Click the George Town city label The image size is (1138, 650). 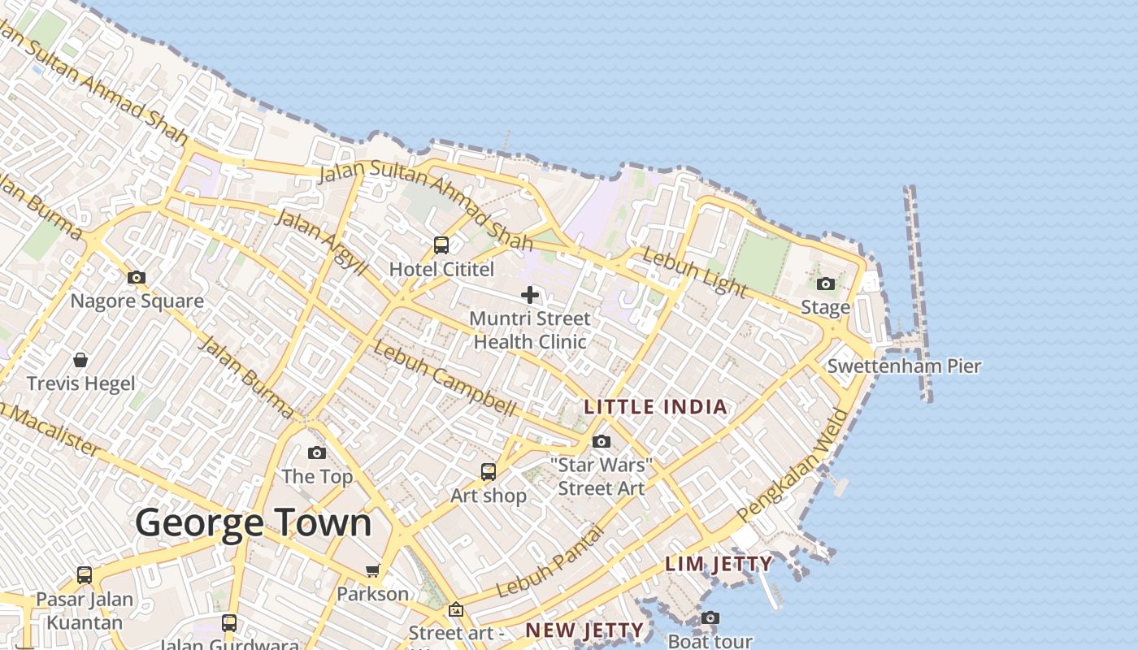pyautogui.click(x=254, y=523)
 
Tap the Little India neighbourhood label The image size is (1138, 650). pyautogui.click(x=656, y=406)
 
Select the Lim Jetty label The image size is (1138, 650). pyautogui.click(x=719, y=563)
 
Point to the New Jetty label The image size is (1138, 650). pyautogui.click(x=584, y=630)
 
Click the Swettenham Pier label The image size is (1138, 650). pyautogui.click(x=904, y=366)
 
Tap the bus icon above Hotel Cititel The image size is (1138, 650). pyautogui.click(x=441, y=245)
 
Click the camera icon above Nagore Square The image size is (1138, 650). pyautogui.click(x=137, y=278)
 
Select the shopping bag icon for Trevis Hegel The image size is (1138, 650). pyautogui.click(x=80, y=359)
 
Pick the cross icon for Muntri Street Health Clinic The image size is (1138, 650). pyautogui.click(x=530, y=295)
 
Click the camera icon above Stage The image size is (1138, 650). pyautogui.click(x=826, y=284)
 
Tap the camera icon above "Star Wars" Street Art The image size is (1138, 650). pyautogui.click(x=602, y=442)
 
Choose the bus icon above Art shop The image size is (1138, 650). pyautogui.click(x=489, y=472)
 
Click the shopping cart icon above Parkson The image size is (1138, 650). pyautogui.click(x=373, y=570)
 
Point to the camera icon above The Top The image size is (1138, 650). pyautogui.click(x=317, y=453)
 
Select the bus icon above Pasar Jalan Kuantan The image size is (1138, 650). pyautogui.click(x=85, y=575)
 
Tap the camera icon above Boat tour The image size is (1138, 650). pyautogui.click(x=710, y=618)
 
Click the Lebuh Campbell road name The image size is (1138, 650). pyautogui.click(x=445, y=379)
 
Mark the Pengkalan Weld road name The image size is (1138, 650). pyautogui.click(x=794, y=466)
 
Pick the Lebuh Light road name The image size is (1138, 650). pyautogui.click(x=694, y=272)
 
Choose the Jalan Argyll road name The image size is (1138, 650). pyautogui.click(x=322, y=241)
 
